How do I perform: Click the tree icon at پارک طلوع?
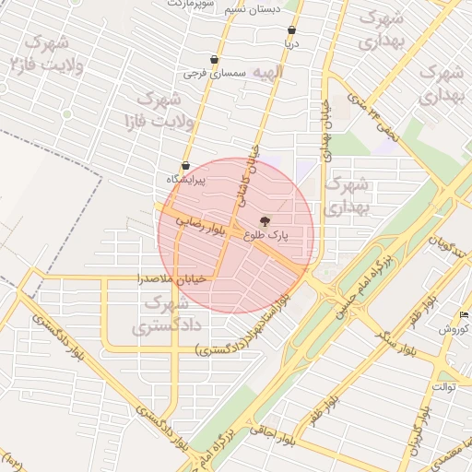pos(265,221)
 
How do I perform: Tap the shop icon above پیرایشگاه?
pos(185,166)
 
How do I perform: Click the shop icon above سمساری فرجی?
pos(215,59)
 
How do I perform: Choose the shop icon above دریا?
pos(291,30)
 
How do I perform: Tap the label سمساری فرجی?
pos(213,71)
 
